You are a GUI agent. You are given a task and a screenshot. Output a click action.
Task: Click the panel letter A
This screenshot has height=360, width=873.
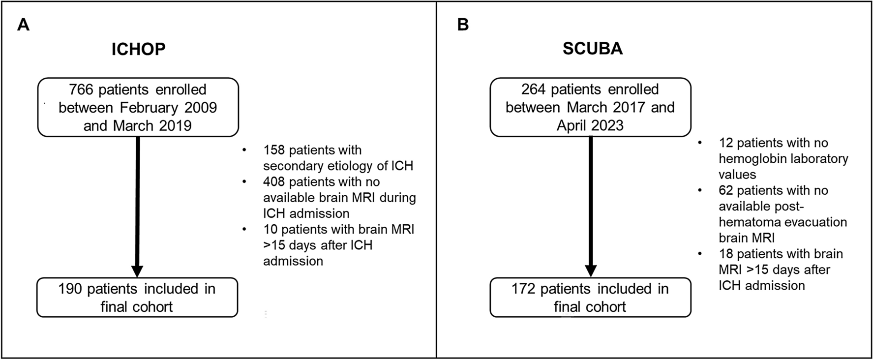[23, 25]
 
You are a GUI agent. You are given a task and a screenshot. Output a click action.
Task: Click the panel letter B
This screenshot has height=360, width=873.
[462, 25]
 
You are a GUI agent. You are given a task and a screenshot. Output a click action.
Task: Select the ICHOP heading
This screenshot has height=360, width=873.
[138, 49]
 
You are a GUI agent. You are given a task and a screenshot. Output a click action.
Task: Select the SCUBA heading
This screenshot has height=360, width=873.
[592, 49]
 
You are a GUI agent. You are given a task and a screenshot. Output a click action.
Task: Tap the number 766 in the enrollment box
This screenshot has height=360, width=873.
[81, 90]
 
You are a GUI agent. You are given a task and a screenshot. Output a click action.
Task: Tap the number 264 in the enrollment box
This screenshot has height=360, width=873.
[534, 90]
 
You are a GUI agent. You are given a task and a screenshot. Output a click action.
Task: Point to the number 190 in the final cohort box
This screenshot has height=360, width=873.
[70, 289]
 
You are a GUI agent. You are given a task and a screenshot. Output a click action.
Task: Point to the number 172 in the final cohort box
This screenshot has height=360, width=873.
[523, 289]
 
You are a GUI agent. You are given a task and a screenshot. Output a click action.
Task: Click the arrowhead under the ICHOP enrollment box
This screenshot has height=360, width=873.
[138, 270]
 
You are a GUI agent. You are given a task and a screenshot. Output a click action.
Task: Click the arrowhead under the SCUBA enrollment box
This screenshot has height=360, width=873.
[591, 270]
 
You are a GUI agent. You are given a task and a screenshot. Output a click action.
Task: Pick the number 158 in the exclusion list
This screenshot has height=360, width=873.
[274, 150]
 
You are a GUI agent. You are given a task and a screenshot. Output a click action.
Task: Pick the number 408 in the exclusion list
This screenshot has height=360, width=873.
[274, 182]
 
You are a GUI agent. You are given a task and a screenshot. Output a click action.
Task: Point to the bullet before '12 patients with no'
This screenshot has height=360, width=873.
[700, 143]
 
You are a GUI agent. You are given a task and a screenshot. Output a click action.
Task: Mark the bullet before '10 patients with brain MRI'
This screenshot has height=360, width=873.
[244, 230]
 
